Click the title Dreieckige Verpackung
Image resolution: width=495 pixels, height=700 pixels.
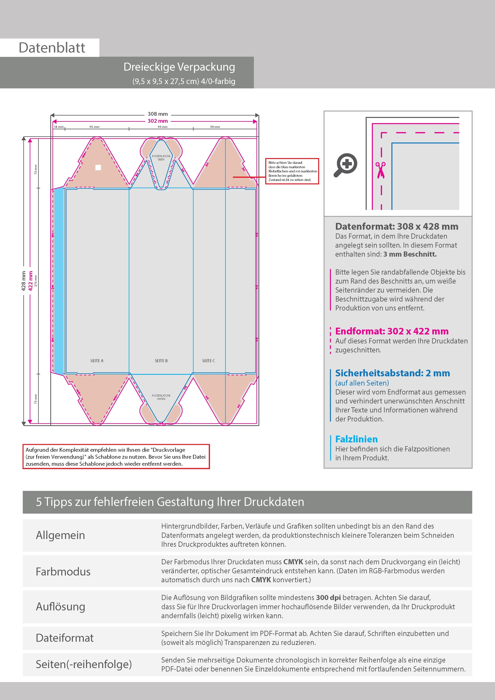[179, 67]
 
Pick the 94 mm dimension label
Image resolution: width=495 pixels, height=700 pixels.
[215, 127]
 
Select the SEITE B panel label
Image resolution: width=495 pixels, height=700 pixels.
[161, 361]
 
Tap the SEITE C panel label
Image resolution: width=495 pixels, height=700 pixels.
[208, 361]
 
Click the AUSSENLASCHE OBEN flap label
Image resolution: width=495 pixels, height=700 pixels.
[161, 158]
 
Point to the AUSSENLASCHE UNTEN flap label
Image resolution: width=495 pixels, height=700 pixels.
[161, 397]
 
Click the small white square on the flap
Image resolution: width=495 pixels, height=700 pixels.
[98, 167]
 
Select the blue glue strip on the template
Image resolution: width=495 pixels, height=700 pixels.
[58, 281]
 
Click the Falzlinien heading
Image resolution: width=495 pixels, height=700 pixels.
[356, 439]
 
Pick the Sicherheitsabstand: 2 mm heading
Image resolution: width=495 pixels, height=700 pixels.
[392, 373]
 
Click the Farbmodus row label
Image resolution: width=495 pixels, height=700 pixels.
[63, 571]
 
